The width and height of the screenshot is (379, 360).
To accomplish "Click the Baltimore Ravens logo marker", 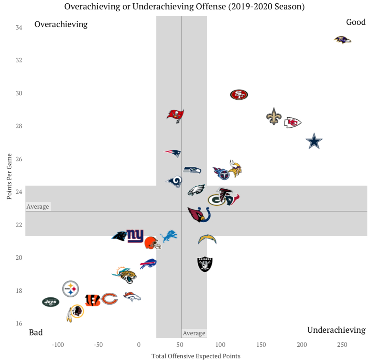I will pos(342,40).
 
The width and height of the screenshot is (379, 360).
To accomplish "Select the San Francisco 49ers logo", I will pos(239,95).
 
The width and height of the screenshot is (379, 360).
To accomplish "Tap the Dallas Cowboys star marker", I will pos(314,141).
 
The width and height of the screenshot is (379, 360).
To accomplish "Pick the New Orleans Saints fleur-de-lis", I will pos(274,116).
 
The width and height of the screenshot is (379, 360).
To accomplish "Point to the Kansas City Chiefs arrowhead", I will pos(292,123).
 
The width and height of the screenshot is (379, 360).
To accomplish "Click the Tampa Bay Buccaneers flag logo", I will pos(175,115).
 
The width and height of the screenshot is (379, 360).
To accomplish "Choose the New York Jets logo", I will pos(50,302).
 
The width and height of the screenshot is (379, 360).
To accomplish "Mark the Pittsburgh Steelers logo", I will pos(70,288).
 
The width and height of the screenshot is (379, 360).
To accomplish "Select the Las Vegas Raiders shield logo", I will pos(205,264).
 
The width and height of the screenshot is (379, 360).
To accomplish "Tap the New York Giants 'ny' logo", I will pos(135,236).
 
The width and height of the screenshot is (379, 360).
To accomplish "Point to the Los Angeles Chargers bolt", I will pos(207,240).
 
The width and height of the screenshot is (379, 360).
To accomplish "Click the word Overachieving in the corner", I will pos(61,24).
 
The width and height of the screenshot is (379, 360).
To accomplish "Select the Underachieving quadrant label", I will pos(336,330).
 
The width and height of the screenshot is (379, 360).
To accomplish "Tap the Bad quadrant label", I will pos(36,332).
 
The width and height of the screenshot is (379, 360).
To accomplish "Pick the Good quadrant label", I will pos(356,22).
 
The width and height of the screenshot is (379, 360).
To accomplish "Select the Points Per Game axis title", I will pos(10,177).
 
